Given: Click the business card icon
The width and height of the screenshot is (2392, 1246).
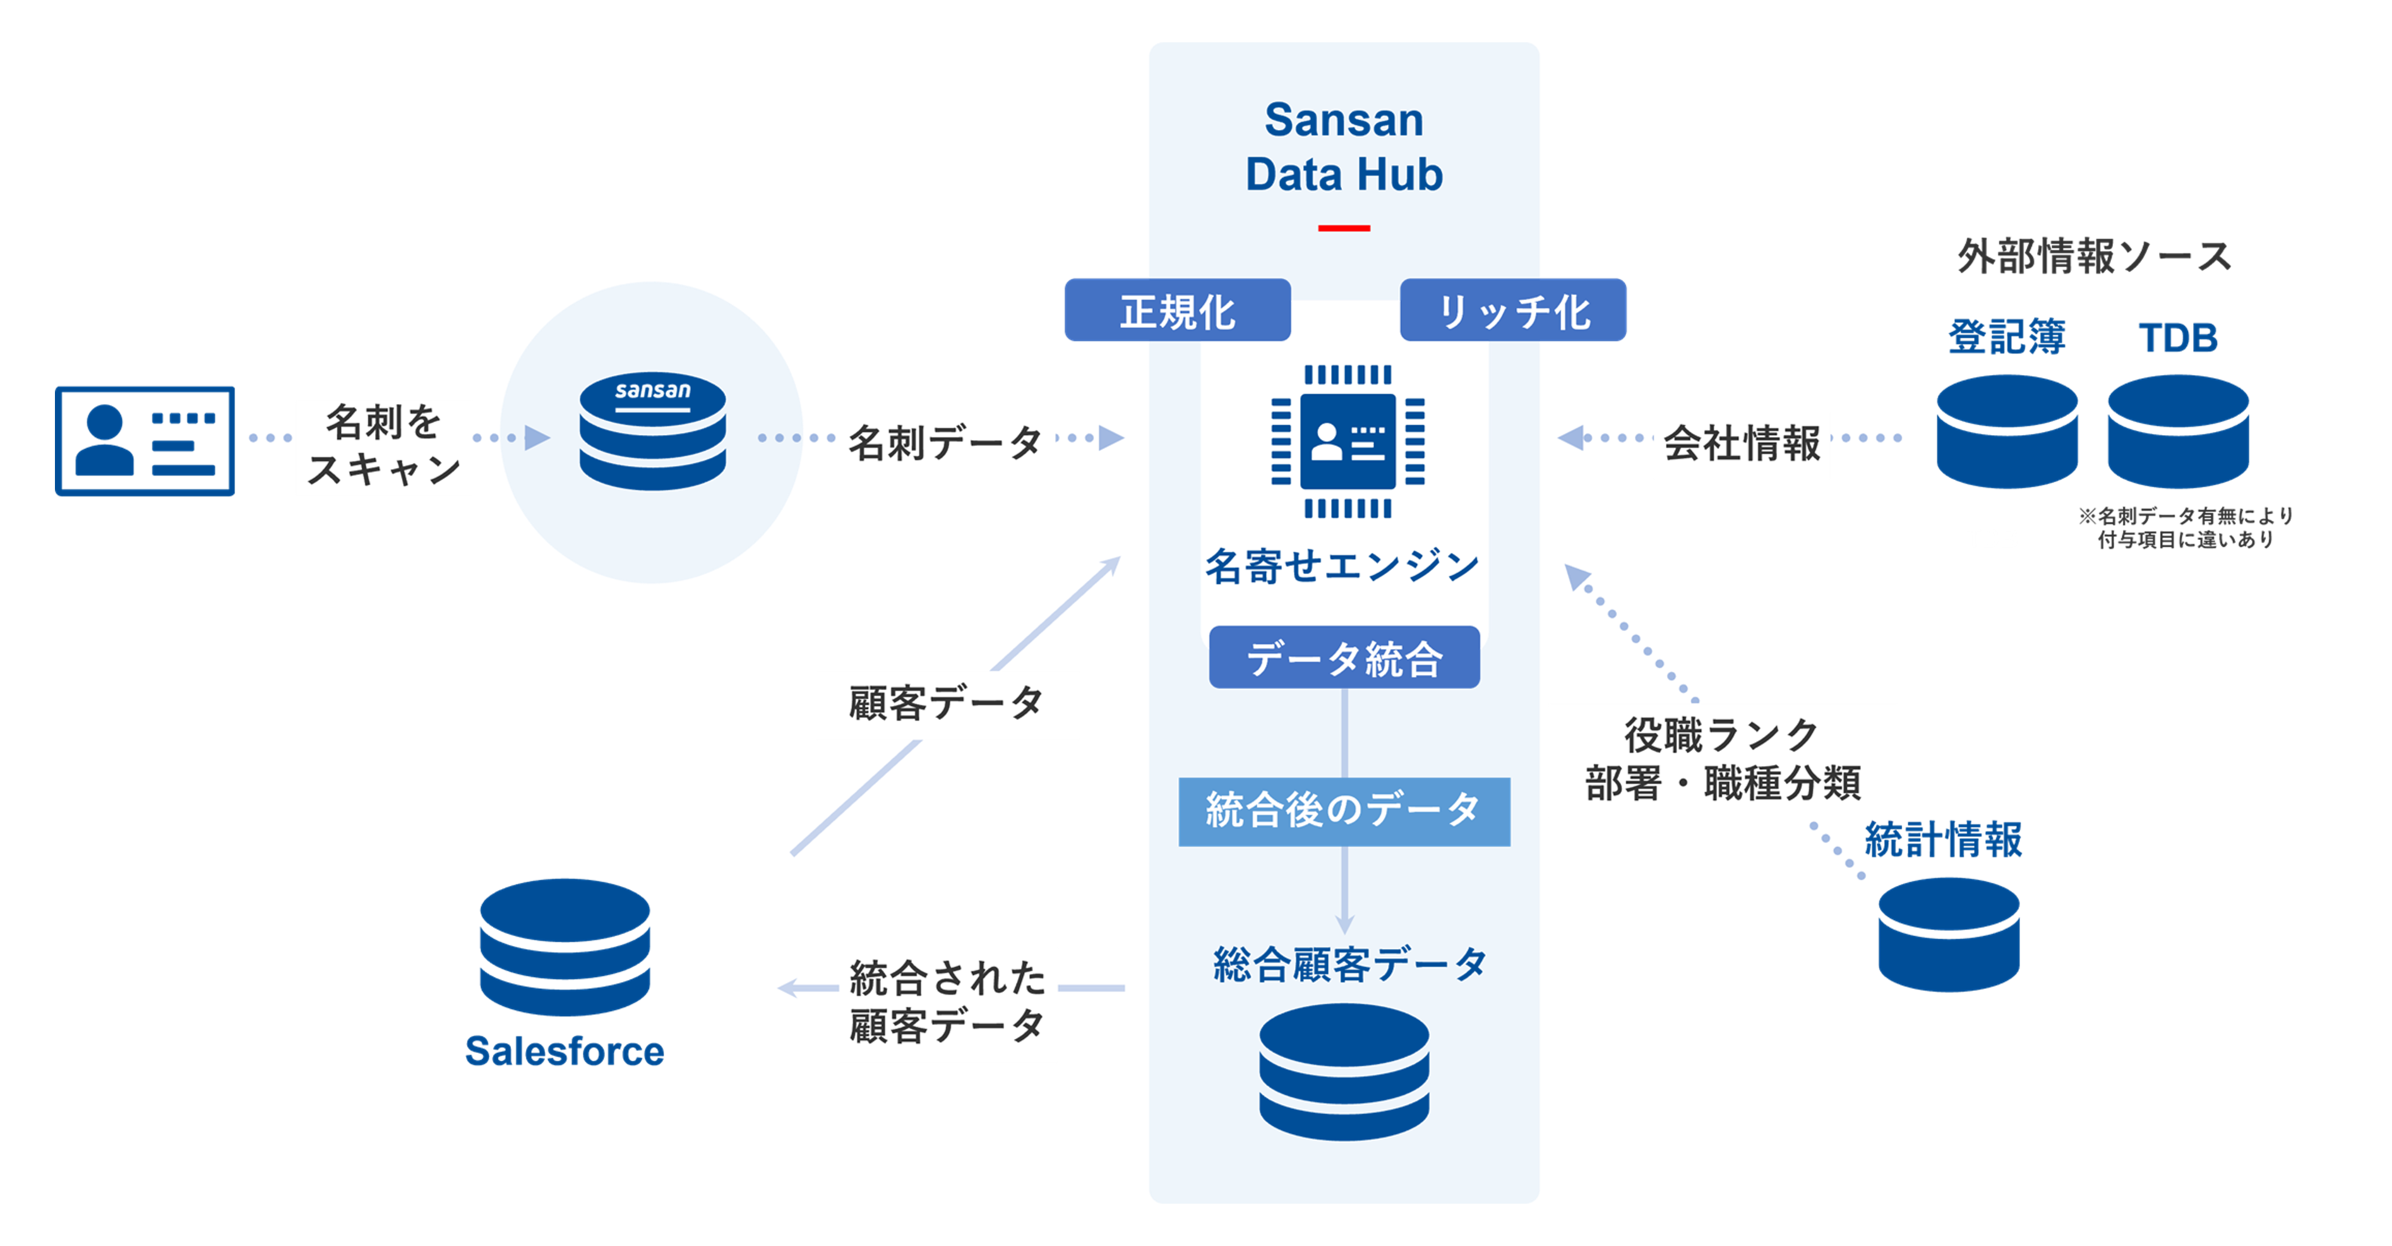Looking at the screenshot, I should (x=145, y=441).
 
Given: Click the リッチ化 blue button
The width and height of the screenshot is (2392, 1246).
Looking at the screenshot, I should (x=1512, y=310).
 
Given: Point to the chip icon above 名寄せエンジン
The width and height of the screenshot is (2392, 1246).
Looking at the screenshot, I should (x=1348, y=441).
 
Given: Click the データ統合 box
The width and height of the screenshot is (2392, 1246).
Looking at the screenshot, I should (x=1344, y=657).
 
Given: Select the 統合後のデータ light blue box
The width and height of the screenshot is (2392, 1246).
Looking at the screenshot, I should (x=1344, y=810).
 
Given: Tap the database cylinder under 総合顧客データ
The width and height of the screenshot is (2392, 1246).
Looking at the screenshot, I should (x=1344, y=1072).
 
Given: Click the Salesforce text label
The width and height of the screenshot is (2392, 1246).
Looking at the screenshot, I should (x=564, y=1051).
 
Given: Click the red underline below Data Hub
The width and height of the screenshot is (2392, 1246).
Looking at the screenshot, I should (x=1344, y=227).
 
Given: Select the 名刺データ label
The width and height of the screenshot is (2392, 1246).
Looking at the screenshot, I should (x=945, y=442).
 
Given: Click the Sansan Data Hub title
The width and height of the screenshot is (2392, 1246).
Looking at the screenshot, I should (x=1344, y=147).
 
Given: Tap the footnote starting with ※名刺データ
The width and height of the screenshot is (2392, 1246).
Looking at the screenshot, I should (x=2185, y=527).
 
